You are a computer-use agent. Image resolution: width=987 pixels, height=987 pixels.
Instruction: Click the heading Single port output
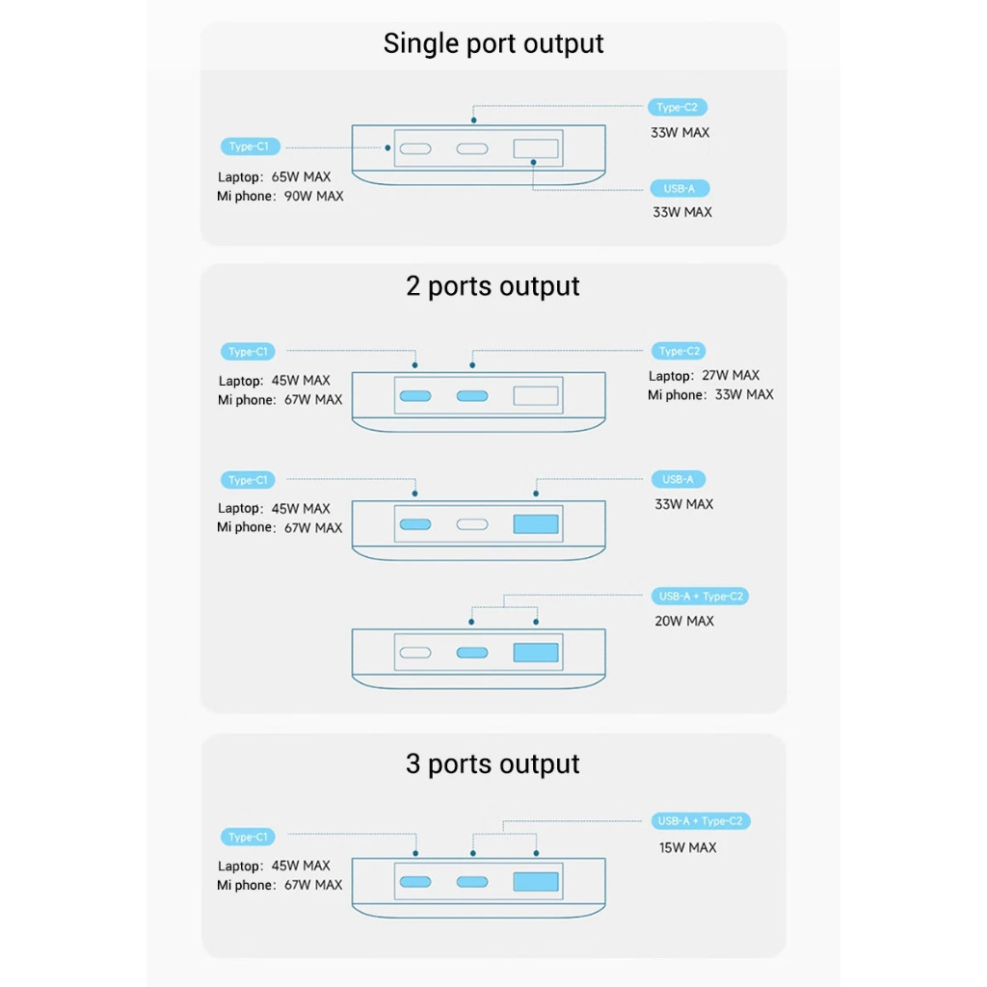493,44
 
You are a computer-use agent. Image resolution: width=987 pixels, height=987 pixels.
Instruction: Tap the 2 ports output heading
493,286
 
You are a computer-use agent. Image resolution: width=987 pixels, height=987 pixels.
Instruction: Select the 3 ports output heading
493,764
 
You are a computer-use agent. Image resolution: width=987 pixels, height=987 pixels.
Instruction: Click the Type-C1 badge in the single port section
250,147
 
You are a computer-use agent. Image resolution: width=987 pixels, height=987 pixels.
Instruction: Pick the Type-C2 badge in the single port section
678,108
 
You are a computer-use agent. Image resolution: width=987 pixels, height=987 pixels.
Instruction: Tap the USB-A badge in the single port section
680,188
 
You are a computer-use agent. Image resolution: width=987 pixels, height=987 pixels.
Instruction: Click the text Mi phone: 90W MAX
280,197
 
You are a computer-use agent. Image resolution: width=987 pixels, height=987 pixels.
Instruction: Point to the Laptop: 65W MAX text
275,177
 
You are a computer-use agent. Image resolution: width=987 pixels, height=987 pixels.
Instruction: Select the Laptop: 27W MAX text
704,376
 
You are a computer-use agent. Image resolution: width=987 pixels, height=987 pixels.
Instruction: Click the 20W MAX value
684,622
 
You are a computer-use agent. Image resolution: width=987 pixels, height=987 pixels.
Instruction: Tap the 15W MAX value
687,848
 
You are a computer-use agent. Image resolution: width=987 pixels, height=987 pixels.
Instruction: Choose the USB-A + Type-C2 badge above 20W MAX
700,596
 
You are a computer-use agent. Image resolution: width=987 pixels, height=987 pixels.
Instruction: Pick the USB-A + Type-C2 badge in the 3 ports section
700,821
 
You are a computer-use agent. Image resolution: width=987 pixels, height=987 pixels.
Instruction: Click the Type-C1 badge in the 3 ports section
248,838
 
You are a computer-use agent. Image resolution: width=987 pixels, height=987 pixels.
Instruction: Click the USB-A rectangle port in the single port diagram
536,148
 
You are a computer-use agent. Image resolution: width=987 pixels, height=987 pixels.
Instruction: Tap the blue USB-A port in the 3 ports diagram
536,882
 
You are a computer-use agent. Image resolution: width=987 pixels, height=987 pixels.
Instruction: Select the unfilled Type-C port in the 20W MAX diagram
415,653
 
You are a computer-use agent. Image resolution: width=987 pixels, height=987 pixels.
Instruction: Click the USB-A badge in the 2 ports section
678,480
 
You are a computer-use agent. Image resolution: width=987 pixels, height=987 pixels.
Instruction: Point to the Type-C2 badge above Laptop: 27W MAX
679,351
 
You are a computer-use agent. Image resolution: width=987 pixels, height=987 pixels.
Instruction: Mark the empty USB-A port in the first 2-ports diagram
536,396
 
